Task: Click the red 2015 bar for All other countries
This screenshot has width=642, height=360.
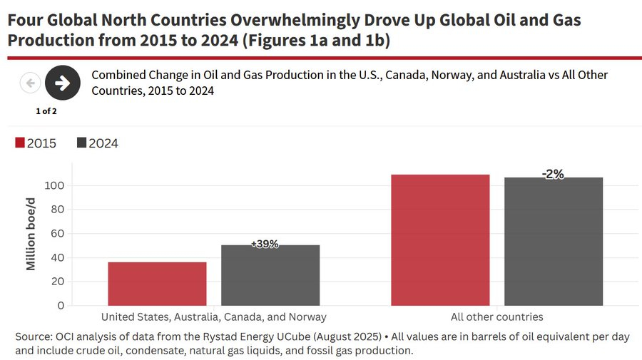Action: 440,240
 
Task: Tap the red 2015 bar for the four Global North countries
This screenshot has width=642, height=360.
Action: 157,284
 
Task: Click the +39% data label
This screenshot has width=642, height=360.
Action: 265,244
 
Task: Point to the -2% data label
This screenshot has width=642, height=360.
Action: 552,174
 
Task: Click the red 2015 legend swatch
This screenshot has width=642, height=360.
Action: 19,143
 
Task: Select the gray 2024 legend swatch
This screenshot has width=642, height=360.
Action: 81,143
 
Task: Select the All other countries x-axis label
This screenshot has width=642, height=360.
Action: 496,317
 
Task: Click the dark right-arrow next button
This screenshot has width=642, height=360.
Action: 62,83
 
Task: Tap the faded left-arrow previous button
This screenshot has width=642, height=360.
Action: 30,83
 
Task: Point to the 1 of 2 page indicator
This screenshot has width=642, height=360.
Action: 46,111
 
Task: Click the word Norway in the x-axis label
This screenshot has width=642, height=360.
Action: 308,317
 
